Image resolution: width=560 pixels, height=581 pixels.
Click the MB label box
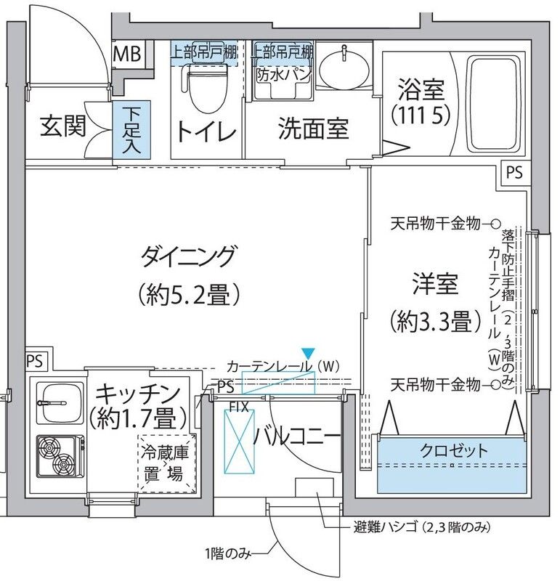[129, 54]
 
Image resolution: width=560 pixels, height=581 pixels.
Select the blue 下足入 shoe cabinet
[131, 129]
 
